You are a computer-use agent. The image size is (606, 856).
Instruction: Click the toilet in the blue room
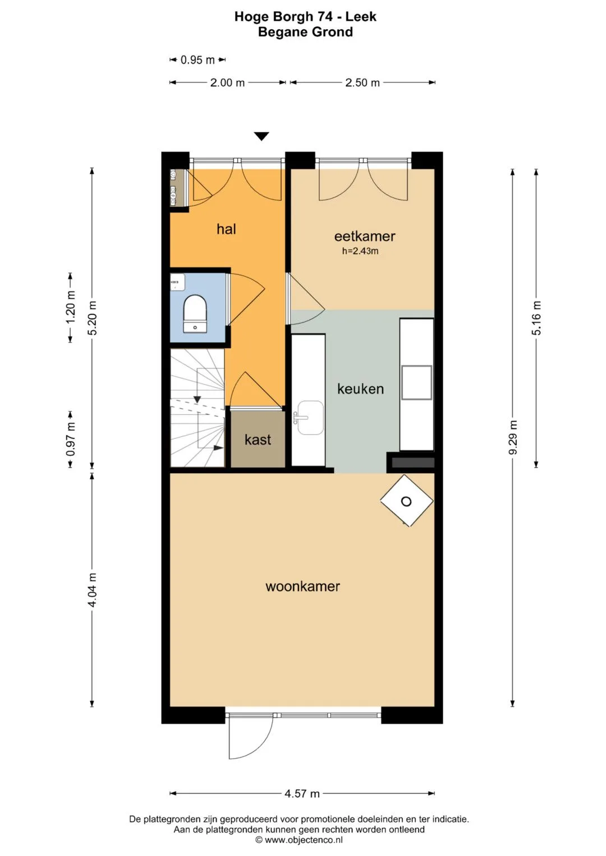tap(195, 313)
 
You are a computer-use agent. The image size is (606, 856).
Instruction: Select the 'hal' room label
tap(226, 229)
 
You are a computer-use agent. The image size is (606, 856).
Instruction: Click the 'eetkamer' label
tap(365, 236)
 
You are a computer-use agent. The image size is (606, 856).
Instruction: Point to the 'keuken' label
tap(360, 388)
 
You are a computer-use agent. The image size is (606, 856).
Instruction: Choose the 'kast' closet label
tap(258, 439)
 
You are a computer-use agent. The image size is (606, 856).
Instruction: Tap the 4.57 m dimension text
tap(302, 794)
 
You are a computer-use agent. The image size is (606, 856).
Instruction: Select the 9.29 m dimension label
tap(513, 437)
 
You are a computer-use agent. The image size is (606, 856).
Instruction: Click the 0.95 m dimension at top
tap(198, 60)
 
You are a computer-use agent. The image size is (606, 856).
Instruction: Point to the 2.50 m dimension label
tap(362, 82)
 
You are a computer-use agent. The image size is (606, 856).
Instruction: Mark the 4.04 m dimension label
tap(92, 590)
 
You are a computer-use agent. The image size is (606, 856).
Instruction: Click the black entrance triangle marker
tap(261, 136)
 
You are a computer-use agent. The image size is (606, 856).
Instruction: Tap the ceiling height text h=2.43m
tap(360, 251)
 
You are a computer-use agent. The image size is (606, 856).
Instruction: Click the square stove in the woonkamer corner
tap(407, 501)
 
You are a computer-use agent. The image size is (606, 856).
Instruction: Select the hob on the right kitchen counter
tap(416, 382)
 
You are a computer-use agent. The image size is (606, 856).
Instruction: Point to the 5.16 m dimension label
tap(536, 318)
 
